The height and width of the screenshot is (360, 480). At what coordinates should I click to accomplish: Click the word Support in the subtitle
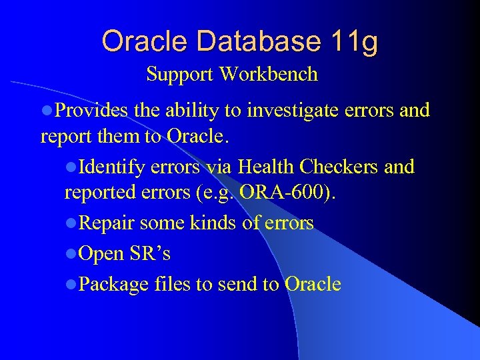click(x=180, y=74)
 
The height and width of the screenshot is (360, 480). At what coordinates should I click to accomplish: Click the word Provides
click(x=91, y=110)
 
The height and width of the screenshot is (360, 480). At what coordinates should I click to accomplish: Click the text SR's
click(x=150, y=254)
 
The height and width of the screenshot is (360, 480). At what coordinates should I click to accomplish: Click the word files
click(x=172, y=285)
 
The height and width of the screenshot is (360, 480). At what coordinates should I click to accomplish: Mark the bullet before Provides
click(x=47, y=111)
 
